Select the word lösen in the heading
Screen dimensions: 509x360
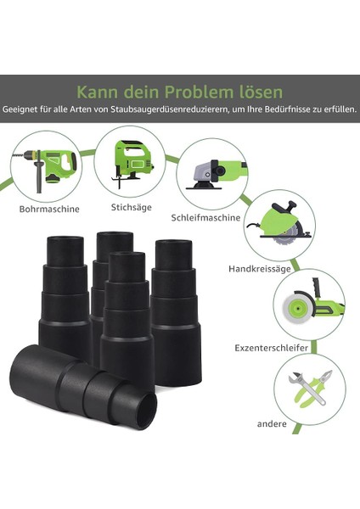click(262, 91)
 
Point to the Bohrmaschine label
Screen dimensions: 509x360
click(49, 208)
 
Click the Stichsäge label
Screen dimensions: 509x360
click(131, 206)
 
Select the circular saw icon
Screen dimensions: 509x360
click(285, 224)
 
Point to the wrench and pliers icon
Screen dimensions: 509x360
click(309, 386)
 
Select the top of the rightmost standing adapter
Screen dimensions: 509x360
click(174, 247)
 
